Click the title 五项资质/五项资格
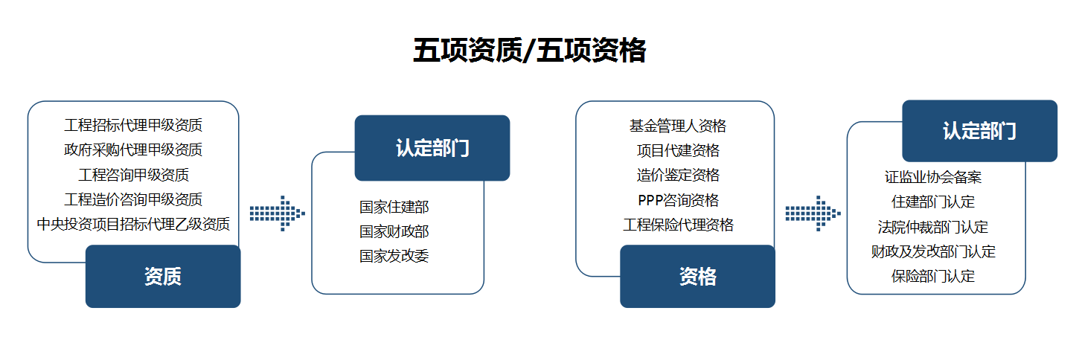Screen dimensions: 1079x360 tap(529, 51)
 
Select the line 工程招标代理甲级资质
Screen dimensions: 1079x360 tap(133, 126)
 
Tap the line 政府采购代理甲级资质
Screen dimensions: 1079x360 tap(133, 150)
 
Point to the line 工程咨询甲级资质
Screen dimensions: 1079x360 tap(133, 175)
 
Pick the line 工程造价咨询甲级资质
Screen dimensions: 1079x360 tap(133, 199)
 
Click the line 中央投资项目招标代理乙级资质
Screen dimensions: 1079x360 tap(133, 225)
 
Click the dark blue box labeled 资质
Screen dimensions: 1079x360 tap(163, 276)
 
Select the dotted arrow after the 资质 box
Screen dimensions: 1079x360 tap(278, 213)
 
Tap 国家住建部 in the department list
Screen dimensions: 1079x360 tap(394, 207)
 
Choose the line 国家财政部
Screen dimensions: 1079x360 tap(394, 231)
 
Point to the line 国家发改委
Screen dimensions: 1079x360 tap(394, 256)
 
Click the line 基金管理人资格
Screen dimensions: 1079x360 tap(678, 126)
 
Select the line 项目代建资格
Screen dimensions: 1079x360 tap(678, 151)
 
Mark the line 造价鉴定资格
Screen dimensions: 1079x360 tap(678, 176)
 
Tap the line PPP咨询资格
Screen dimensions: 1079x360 tap(678, 200)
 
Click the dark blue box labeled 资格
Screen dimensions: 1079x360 tap(697, 276)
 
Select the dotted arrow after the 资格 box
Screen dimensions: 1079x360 tap(813, 213)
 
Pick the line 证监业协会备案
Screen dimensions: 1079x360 tap(933, 177)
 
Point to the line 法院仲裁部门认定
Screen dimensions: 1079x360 tap(933, 227)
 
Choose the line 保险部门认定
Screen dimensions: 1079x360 tap(933, 276)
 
